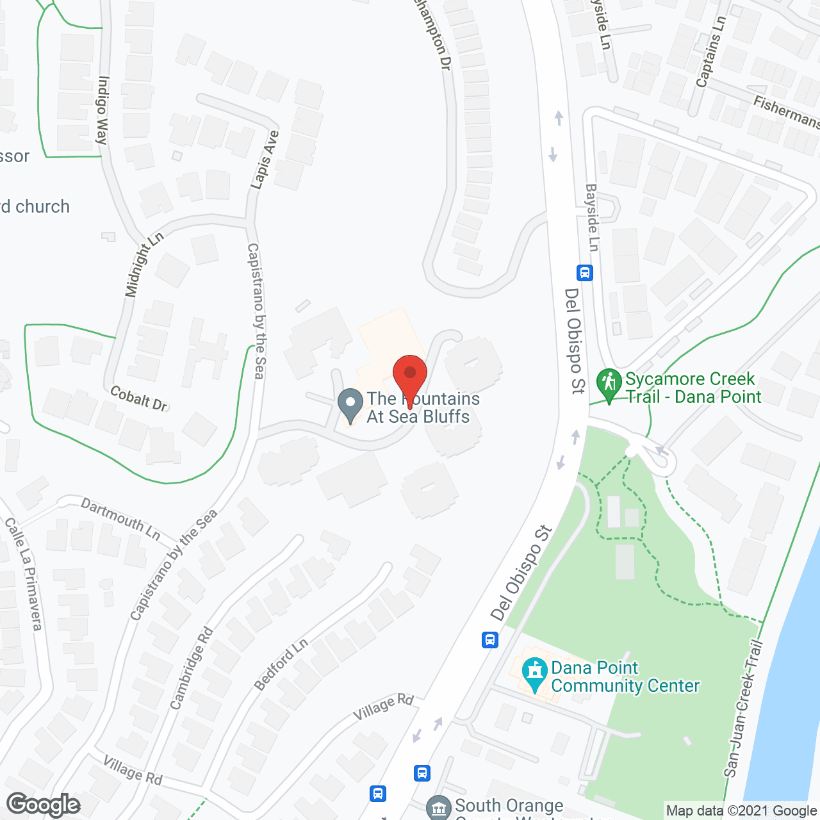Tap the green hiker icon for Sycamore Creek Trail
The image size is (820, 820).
click(x=609, y=383)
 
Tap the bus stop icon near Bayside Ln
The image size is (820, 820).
click(x=584, y=273)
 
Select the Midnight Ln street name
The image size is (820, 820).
click(x=144, y=265)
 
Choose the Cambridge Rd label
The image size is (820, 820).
click(x=191, y=668)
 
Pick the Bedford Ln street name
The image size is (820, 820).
click(x=281, y=665)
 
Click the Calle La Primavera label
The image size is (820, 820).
click(x=24, y=573)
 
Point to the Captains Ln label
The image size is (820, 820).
click(x=710, y=51)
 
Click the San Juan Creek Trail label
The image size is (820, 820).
click(x=743, y=709)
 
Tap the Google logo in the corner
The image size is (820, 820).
click(x=44, y=805)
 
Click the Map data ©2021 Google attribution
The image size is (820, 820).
click(x=741, y=810)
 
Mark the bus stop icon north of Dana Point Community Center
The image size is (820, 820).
click(x=490, y=639)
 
